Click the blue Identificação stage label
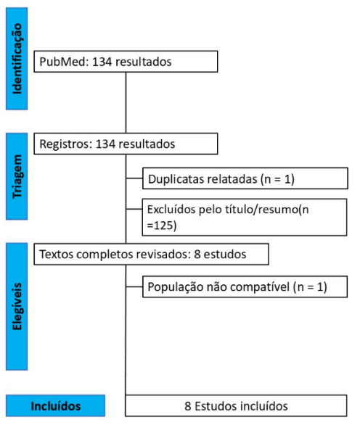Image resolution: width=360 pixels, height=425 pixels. pyautogui.click(x=17, y=59)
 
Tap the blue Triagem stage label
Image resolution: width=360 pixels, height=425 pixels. pyautogui.click(x=17, y=176)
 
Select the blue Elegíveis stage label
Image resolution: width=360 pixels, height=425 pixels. pyautogui.click(x=17, y=306)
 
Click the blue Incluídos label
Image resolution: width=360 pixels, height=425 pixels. pyautogui.click(x=56, y=405)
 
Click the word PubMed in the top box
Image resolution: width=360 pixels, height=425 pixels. pyautogui.click(x=62, y=62)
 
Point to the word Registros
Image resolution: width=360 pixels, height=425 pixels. pyautogui.click(x=64, y=144)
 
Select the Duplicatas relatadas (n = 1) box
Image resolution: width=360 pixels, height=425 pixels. pyautogui.click(x=245, y=178)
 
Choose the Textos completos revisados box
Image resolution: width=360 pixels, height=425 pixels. pyautogui.click(x=152, y=254)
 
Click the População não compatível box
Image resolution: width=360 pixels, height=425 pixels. pyautogui.click(x=245, y=286)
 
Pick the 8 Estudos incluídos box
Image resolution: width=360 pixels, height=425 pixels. pyautogui.click(x=236, y=405)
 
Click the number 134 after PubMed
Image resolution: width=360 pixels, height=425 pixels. pyautogui.click(x=102, y=62)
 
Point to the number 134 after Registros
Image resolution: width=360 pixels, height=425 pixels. pyautogui.click(x=105, y=144)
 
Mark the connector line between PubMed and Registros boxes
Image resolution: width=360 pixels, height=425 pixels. pyautogui.click(x=126, y=102)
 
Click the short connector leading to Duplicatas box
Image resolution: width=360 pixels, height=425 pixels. pyautogui.click(x=134, y=178)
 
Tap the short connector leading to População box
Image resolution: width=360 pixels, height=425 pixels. pyautogui.click(x=134, y=286)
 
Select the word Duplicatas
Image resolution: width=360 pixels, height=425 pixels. pyautogui.click(x=176, y=179)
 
